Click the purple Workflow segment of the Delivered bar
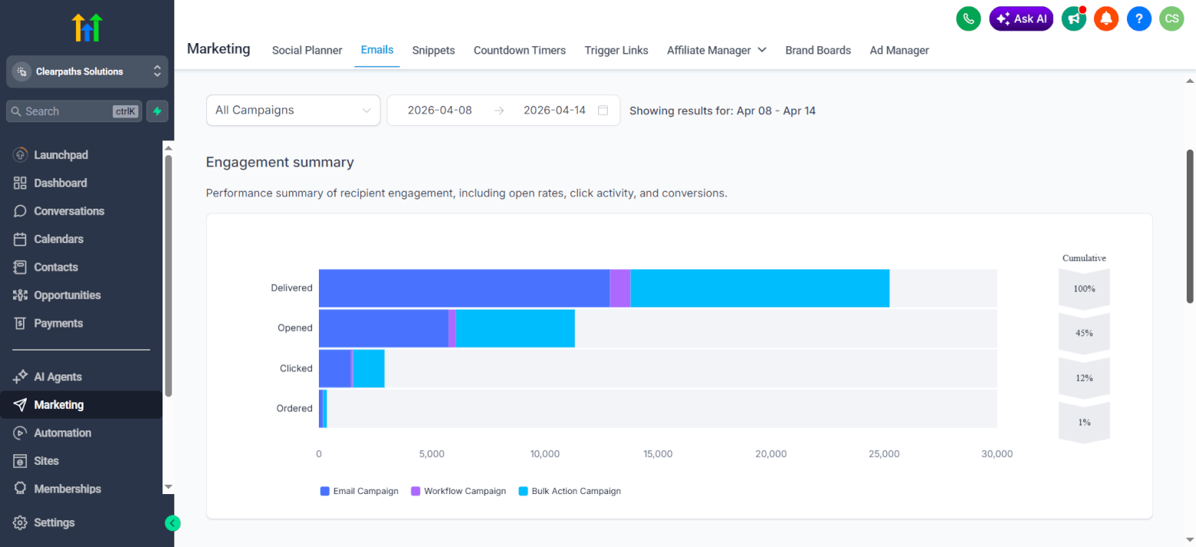pyautogui.click(x=619, y=288)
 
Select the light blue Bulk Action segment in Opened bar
pyautogui.click(x=515, y=328)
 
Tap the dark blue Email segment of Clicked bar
pyautogui.click(x=334, y=368)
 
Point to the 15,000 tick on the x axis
pyautogui.click(x=658, y=454)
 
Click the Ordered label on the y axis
pyautogui.click(x=294, y=409)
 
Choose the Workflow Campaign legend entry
pyautogui.click(x=458, y=491)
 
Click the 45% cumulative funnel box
pyautogui.click(x=1084, y=334)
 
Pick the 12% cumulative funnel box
pyautogui.click(x=1084, y=378)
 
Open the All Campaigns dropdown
pyautogui.click(x=293, y=110)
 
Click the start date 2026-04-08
pyautogui.click(x=439, y=110)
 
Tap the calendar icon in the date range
pyautogui.click(x=603, y=110)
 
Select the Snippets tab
pyautogui.click(x=433, y=51)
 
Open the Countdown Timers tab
pyautogui.click(x=519, y=51)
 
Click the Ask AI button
pyautogui.click(x=1020, y=18)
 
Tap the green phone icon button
pyautogui.click(x=968, y=18)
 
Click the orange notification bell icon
pyautogui.click(x=1106, y=18)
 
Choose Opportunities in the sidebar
pyautogui.click(x=67, y=295)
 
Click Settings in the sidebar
pyautogui.click(x=54, y=522)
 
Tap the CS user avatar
pyautogui.click(x=1171, y=18)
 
